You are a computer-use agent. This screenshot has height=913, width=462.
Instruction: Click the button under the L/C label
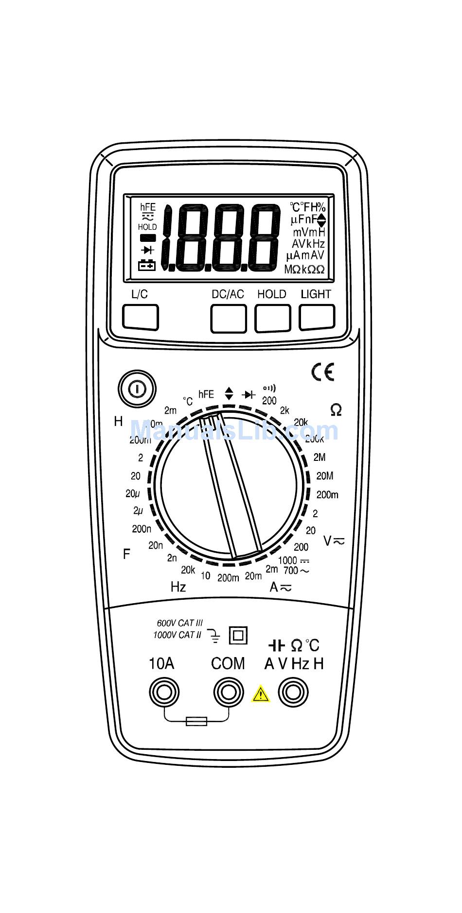[x=140, y=317]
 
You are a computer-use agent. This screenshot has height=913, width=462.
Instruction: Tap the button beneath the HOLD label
[x=273, y=318]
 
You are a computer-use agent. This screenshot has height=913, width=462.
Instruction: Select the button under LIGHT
[x=317, y=317]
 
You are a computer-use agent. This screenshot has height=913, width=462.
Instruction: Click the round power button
[x=137, y=389]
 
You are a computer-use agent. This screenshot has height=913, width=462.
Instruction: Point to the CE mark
[x=323, y=372]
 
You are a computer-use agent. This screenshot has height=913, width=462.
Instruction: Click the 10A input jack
[x=164, y=692]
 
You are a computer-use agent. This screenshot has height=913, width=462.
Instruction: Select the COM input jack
[x=229, y=692]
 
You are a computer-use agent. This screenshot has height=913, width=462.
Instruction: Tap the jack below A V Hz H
[x=293, y=692]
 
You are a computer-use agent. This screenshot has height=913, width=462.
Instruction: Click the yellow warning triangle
[x=261, y=694]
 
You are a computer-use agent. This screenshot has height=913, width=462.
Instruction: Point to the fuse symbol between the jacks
[x=196, y=721]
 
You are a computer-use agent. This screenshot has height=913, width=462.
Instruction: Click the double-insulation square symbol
[x=238, y=635]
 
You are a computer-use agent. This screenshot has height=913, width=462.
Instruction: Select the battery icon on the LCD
[x=147, y=265]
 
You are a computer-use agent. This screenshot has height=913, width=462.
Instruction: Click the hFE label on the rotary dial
[x=206, y=394]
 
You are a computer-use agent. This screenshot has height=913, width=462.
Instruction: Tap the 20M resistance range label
[x=325, y=476]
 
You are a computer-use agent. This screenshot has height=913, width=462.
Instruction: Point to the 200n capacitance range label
[x=142, y=528]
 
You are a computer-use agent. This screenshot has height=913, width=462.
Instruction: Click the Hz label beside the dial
[x=178, y=587]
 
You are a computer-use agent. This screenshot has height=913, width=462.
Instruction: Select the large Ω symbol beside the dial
[x=336, y=410]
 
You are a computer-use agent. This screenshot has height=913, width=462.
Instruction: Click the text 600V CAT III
[x=179, y=623]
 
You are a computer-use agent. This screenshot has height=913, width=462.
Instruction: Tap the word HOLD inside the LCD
[x=147, y=227]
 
